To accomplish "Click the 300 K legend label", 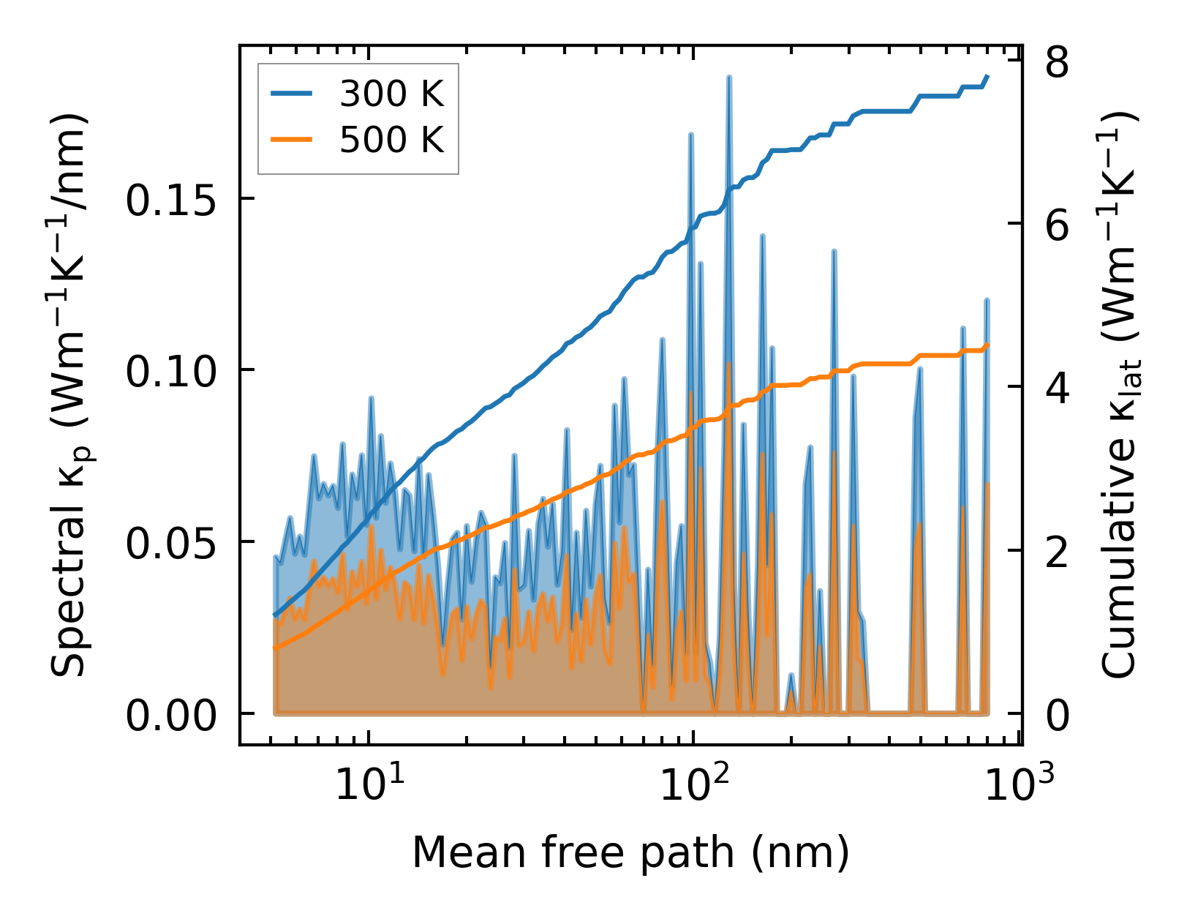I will (392, 94).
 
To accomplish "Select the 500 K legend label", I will (392, 138).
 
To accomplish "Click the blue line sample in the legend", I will (292, 94).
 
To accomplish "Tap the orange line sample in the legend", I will (292, 138).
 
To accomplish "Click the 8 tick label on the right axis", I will (1058, 63).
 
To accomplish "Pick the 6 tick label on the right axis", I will (1058, 226).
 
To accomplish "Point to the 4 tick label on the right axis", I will (1058, 389).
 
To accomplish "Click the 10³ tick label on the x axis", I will (1017, 786).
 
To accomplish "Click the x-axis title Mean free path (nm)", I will (630, 852).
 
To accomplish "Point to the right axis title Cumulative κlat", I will (1119, 395).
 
